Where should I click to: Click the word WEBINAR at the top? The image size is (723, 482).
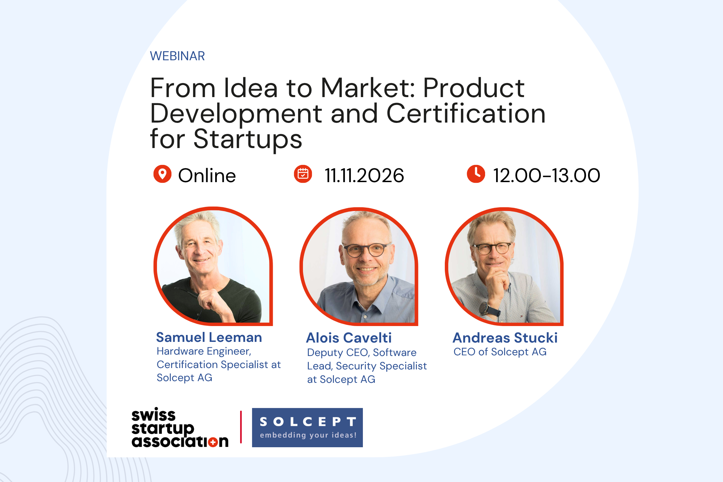[x=177, y=56]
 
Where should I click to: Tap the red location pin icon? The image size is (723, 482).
[x=163, y=174]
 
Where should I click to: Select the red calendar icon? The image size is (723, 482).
[x=303, y=174]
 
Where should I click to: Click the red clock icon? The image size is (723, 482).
[x=476, y=174]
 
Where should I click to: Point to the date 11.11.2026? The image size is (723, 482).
[x=364, y=176]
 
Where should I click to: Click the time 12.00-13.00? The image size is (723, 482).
[x=547, y=176]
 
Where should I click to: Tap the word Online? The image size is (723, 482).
[x=207, y=176]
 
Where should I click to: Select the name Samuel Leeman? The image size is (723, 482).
[x=209, y=337]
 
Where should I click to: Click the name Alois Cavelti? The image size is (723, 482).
[x=349, y=338]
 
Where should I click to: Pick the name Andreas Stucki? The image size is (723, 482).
[x=505, y=338]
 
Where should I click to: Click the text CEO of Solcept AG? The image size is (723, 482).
[x=500, y=352]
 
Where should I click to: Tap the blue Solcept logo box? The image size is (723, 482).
[x=307, y=428]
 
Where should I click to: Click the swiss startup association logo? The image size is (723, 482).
[x=180, y=428]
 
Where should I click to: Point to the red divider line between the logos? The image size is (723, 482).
[x=241, y=427]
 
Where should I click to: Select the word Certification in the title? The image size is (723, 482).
[x=466, y=114]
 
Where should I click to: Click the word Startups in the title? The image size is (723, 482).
[x=248, y=139]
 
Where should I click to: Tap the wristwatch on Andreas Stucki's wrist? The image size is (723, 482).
[x=485, y=308]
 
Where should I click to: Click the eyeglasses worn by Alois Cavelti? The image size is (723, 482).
[x=367, y=250]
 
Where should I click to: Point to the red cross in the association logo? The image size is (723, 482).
[x=213, y=442]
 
